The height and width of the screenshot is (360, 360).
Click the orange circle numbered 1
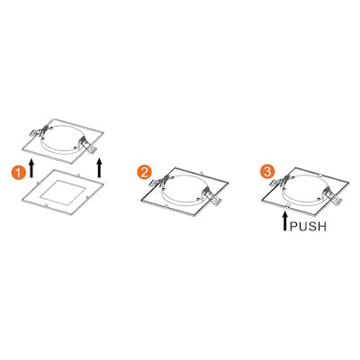click(x=18, y=173)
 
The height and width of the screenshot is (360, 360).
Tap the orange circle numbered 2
click(x=144, y=173)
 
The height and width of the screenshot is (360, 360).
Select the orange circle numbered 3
click(x=267, y=172)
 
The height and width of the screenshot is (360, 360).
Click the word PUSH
click(x=308, y=226)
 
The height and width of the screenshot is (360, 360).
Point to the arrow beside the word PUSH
click(x=285, y=220)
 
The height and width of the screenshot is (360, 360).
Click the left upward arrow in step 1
click(x=31, y=168)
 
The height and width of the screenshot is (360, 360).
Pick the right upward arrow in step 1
click(x=100, y=168)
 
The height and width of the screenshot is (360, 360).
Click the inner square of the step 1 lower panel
click(x=63, y=192)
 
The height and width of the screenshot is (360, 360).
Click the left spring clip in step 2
click(x=160, y=181)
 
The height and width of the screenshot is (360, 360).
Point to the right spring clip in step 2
click(x=212, y=195)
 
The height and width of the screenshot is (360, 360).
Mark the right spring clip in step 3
click(x=332, y=195)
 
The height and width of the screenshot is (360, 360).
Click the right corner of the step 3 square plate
click(x=349, y=182)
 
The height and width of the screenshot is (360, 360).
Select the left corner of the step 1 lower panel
click(x=23, y=198)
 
